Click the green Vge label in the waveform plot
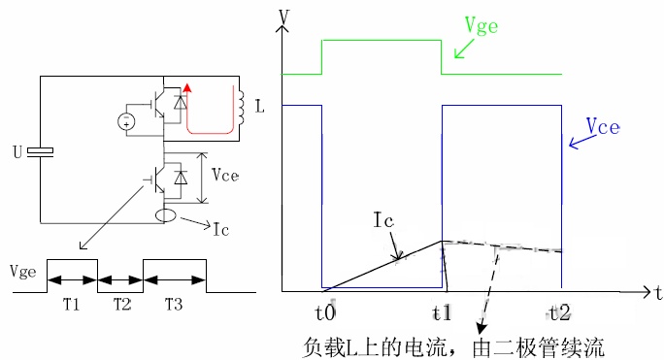(481, 26)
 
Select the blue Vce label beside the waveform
(603, 126)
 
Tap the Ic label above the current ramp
(383, 220)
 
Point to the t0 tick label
(325, 313)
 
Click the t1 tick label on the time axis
(442, 313)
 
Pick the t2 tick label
(559, 313)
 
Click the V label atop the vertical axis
(284, 16)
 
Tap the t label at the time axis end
(657, 292)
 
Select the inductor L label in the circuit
(259, 106)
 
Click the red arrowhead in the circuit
(186, 87)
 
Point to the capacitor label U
(17, 152)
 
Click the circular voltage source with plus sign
(126, 122)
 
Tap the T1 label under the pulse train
(71, 304)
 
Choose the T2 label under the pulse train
(122, 304)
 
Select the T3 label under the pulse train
(174, 304)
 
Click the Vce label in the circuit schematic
(225, 175)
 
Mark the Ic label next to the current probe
(221, 230)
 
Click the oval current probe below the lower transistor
(166, 215)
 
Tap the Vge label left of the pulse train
(23, 272)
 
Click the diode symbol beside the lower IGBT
(181, 178)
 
